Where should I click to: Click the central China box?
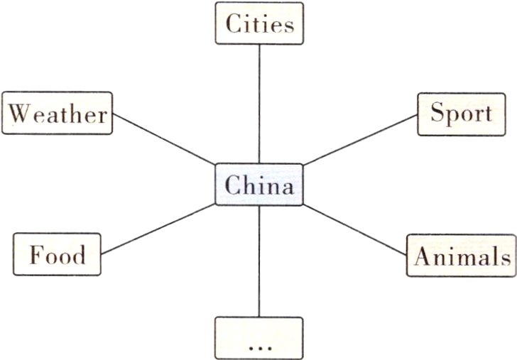(258, 185)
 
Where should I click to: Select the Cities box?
(258, 23)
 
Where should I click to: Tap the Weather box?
(58, 114)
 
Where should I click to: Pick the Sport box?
(461, 114)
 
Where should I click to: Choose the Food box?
(58, 253)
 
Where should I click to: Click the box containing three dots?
(258, 338)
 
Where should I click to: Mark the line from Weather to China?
(163, 138)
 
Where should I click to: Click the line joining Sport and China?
(359, 139)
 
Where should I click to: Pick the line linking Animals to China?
(355, 229)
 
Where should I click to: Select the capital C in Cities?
(234, 24)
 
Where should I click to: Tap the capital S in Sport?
(437, 114)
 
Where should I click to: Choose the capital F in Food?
(36, 254)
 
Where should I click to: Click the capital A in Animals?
(421, 256)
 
